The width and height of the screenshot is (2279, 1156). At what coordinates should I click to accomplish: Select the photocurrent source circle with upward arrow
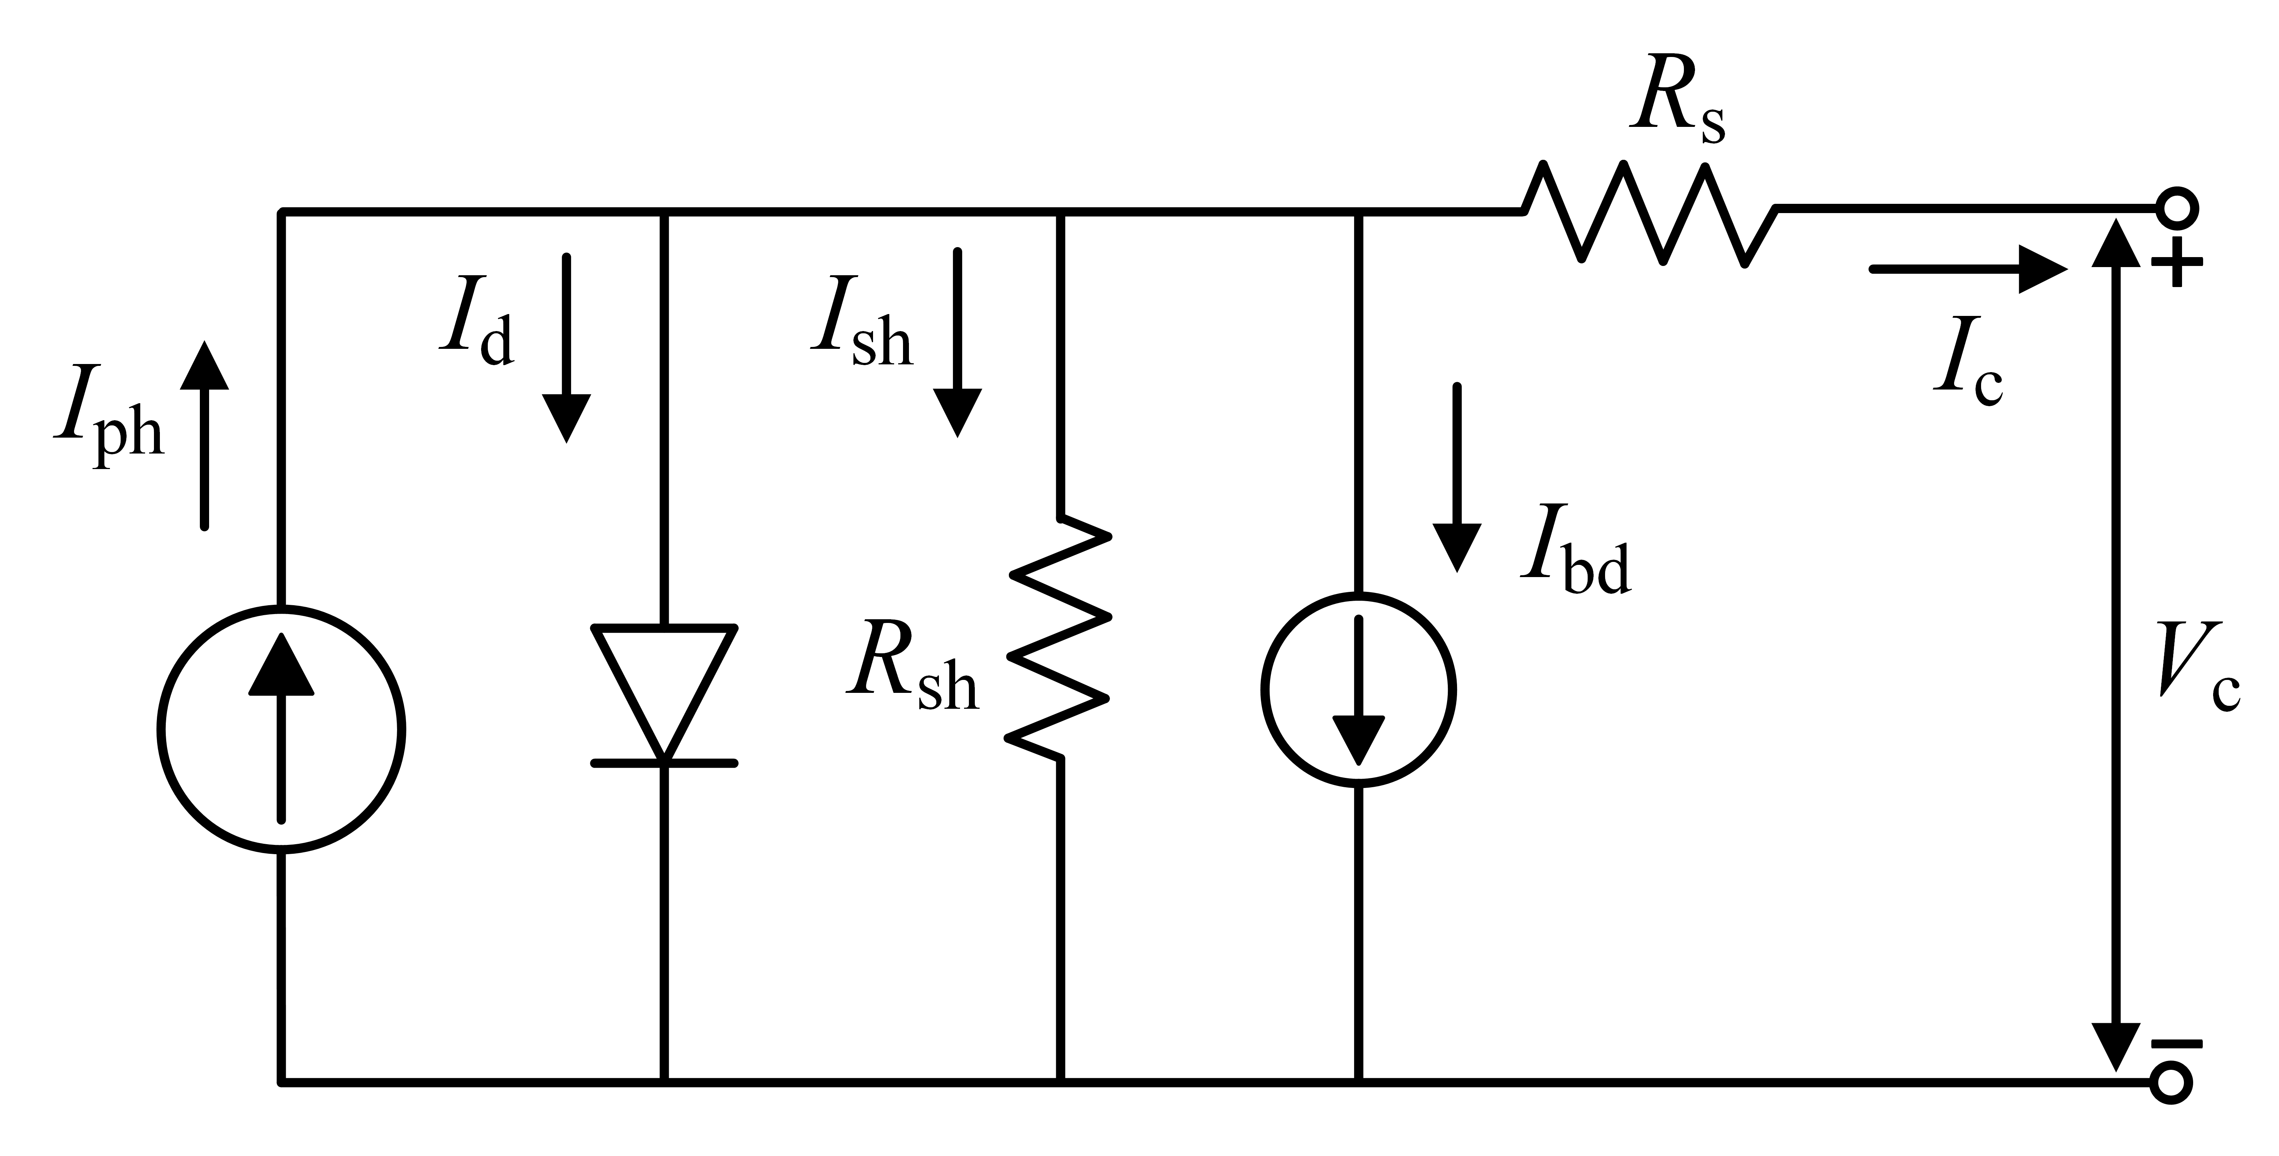point(281,730)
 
